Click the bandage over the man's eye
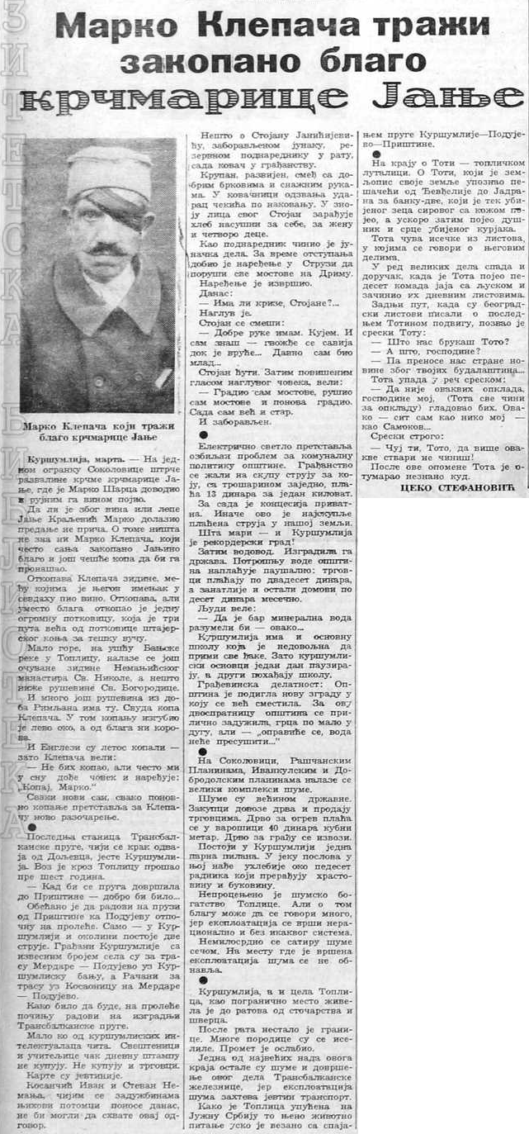tap(116, 203)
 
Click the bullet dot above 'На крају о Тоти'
tap(376, 154)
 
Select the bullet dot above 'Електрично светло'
tap(203, 433)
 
